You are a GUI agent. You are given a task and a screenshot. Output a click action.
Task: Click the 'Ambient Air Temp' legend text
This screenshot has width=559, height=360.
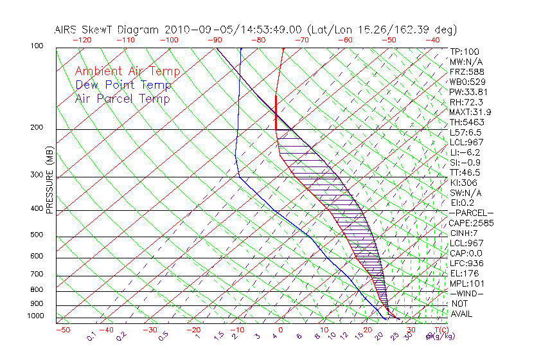127,71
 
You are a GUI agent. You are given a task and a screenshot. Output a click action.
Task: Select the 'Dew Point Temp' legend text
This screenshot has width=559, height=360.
123,85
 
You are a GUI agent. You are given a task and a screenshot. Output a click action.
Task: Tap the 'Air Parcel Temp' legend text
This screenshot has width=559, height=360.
123,98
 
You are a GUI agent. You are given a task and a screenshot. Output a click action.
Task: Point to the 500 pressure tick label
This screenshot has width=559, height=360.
37,235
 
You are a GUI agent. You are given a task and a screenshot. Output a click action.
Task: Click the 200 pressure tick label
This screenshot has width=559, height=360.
37,128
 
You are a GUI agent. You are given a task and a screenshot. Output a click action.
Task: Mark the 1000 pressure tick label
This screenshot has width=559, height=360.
35,316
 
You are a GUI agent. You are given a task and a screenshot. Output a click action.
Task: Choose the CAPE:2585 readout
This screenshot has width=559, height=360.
470,223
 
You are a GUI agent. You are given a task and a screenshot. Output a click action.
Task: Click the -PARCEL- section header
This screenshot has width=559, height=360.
471,213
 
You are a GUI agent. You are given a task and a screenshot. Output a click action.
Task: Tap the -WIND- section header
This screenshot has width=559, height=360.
466,294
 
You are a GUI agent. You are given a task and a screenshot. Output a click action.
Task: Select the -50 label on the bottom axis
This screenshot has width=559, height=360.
62,330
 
